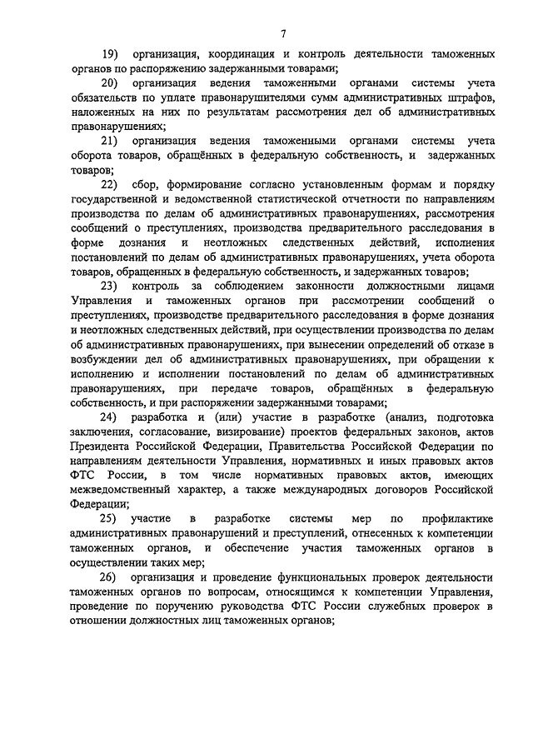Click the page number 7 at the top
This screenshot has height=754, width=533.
(283, 33)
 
